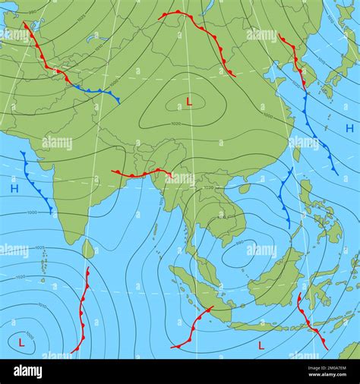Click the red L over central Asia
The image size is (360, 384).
(x=189, y=101)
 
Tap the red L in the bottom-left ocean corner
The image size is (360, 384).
(x=21, y=342)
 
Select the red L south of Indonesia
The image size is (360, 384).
(x=261, y=345)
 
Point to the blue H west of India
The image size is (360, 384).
(x=14, y=187)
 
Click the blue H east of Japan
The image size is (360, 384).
(x=349, y=128)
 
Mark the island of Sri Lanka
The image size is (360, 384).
(x=88, y=249)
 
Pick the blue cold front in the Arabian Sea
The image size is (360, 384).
(x=36, y=183)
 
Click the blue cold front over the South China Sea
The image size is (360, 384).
(x=283, y=197)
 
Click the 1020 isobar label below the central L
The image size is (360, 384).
(x=176, y=124)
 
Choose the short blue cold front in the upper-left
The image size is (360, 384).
(x=96, y=92)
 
